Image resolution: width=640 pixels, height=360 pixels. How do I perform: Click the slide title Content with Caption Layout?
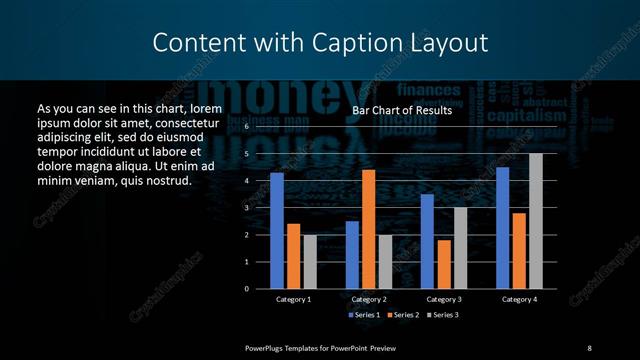(x=320, y=43)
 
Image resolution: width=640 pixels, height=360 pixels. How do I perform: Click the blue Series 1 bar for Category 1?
(x=277, y=231)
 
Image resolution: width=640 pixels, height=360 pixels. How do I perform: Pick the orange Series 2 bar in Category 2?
(x=369, y=229)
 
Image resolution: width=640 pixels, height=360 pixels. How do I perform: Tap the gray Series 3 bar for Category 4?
(x=536, y=221)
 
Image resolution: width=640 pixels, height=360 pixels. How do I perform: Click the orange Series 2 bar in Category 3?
(x=443, y=264)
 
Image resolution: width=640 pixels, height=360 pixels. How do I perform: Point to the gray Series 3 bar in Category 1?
(x=310, y=261)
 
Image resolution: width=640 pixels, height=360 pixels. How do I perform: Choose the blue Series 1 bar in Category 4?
(x=502, y=228)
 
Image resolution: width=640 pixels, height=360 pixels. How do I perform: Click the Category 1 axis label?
(x=293, y=299)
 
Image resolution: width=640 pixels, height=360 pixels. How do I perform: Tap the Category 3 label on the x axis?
(x=443, y=299)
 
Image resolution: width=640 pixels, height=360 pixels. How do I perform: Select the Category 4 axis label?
(x=519, y=299)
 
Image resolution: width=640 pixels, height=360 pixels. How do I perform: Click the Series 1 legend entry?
(x=364, y=315)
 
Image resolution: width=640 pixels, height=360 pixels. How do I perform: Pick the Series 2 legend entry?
(x=404, y=315)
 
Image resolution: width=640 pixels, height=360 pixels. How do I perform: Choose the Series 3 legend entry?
(x=444, y=315)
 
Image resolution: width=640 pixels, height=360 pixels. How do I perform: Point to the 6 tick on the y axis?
(x=246, y=128)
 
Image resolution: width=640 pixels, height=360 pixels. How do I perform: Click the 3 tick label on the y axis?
(x=246, y=208)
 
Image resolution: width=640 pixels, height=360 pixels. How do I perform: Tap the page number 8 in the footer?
(x=589, y=347)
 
